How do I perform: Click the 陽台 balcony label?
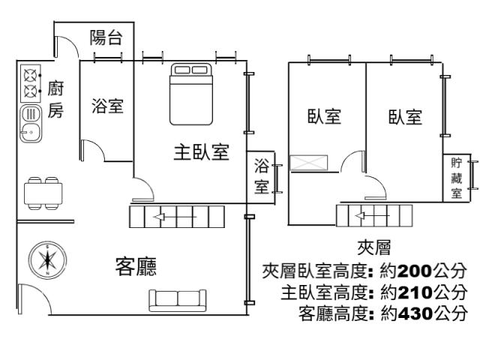(106, 37)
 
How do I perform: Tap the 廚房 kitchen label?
(55, 99)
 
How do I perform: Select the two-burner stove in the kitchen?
(31, 83)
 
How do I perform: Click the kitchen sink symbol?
(31, 124)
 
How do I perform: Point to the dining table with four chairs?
(43, 193)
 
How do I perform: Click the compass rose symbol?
(47, 260)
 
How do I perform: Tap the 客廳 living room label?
(136, 266)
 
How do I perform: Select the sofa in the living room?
(178, 300)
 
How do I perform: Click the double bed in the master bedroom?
(191, 94)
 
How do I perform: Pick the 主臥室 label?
(202, 152)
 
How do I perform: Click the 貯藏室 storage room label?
(456, 178)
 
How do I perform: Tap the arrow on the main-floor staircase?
(175, 217)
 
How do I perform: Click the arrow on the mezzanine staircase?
(372, 216)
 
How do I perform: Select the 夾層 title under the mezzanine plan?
(374, 247)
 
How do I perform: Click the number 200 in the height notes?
(415, 271)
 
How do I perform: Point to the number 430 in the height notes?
(415, 313)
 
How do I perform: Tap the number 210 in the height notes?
(415, 292)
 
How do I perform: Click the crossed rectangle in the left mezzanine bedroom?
(308, 163)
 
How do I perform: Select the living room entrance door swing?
(34, 299)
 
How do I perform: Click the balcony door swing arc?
(67, 46)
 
